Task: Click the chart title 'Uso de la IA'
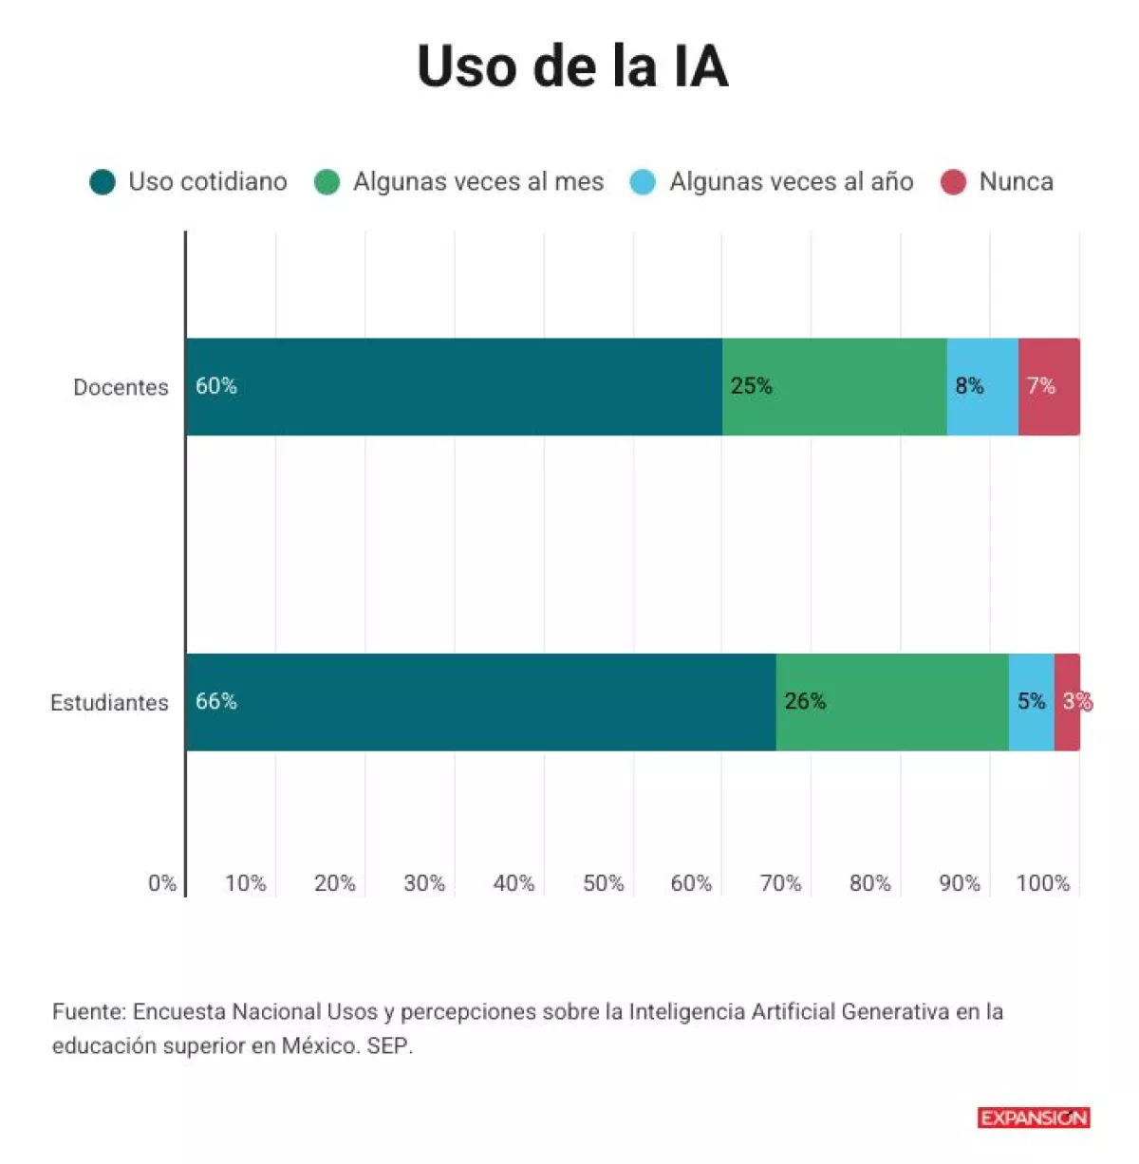point(572,65)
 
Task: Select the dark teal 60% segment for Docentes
point(454,387)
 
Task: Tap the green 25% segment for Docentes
point(834,387)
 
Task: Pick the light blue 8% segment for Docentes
point(982,387)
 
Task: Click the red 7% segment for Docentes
point(1049,387)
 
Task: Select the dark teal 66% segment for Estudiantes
point(480,702)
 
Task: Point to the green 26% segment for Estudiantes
point(892,702)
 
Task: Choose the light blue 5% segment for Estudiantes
point(1031,702)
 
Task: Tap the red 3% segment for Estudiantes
point(1067,702)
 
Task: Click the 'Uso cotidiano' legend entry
point(189,182)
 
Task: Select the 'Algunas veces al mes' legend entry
point(459,182)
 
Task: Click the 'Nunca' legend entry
point(998,182)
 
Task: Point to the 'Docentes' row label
point(121,387)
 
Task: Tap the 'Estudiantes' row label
point(109,703)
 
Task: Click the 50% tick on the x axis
point(603,883)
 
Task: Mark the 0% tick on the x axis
point(162,883)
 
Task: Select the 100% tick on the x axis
point(1042,883)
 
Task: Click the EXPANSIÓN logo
point(1034,1118)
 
